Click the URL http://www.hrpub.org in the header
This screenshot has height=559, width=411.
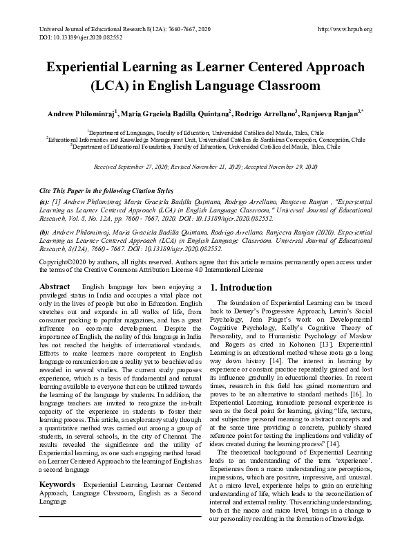tap(343, 29)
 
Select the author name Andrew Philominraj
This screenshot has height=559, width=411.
tap(82, 113)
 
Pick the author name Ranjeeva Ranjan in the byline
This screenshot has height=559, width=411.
tap(327, 113)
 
